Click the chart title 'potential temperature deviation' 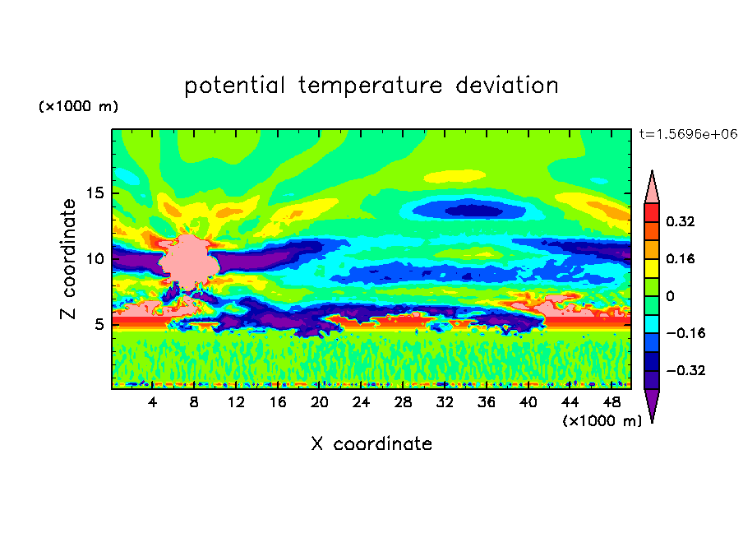tap(371, 86)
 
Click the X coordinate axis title tap(371, 443)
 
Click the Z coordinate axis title tap(68, 258)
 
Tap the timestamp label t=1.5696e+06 tap(688, 134)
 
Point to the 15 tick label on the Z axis tap(95, 193)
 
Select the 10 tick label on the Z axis tap(95, 258)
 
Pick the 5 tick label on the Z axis tap(99, 324)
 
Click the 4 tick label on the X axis tap(152, 402)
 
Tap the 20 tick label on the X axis tap(319, 402)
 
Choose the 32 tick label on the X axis tap(445, 402)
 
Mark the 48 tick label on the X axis tap(611, 402)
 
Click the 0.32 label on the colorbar tap(680, 221)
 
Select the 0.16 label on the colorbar tap(680, 258)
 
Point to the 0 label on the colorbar tap(670, 296)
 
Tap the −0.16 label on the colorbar tap(685, 333)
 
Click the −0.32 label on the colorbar tap(685, 370)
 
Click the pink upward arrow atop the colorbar tap(652, 190)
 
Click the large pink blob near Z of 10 tap(189, 262)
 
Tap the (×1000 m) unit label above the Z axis tap(78, 106)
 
